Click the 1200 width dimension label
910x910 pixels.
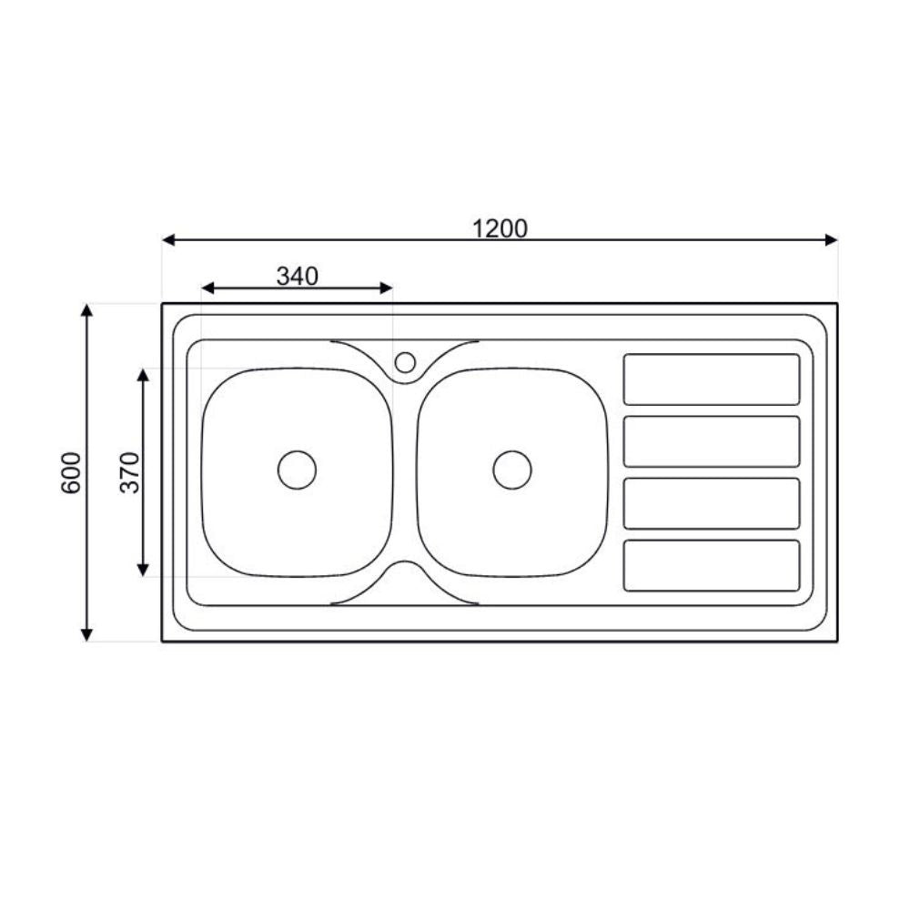pyautogui.click(x=500, y=227)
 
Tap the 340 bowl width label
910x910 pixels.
pyautogui.click(x=298, y=276)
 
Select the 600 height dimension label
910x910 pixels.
pyautogui.click(x=72, y=472)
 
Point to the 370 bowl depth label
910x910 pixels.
pyautogui.click(x=131, y=472)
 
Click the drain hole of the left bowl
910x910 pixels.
pyautogui.click(x=297, y=470)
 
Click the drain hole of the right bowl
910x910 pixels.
pyautogui.click(x=511, y=470)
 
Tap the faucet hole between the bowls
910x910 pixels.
pyautogui.click(x=405, y=363)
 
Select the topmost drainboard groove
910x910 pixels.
pyautogui.click(x=711, y=379)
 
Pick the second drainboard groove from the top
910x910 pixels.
pyautogui.click(x=711, y=441)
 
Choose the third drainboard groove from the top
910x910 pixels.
pyautogui.click(x=711, y=503)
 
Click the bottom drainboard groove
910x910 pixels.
pyautogui.click(x=711, y=565)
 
